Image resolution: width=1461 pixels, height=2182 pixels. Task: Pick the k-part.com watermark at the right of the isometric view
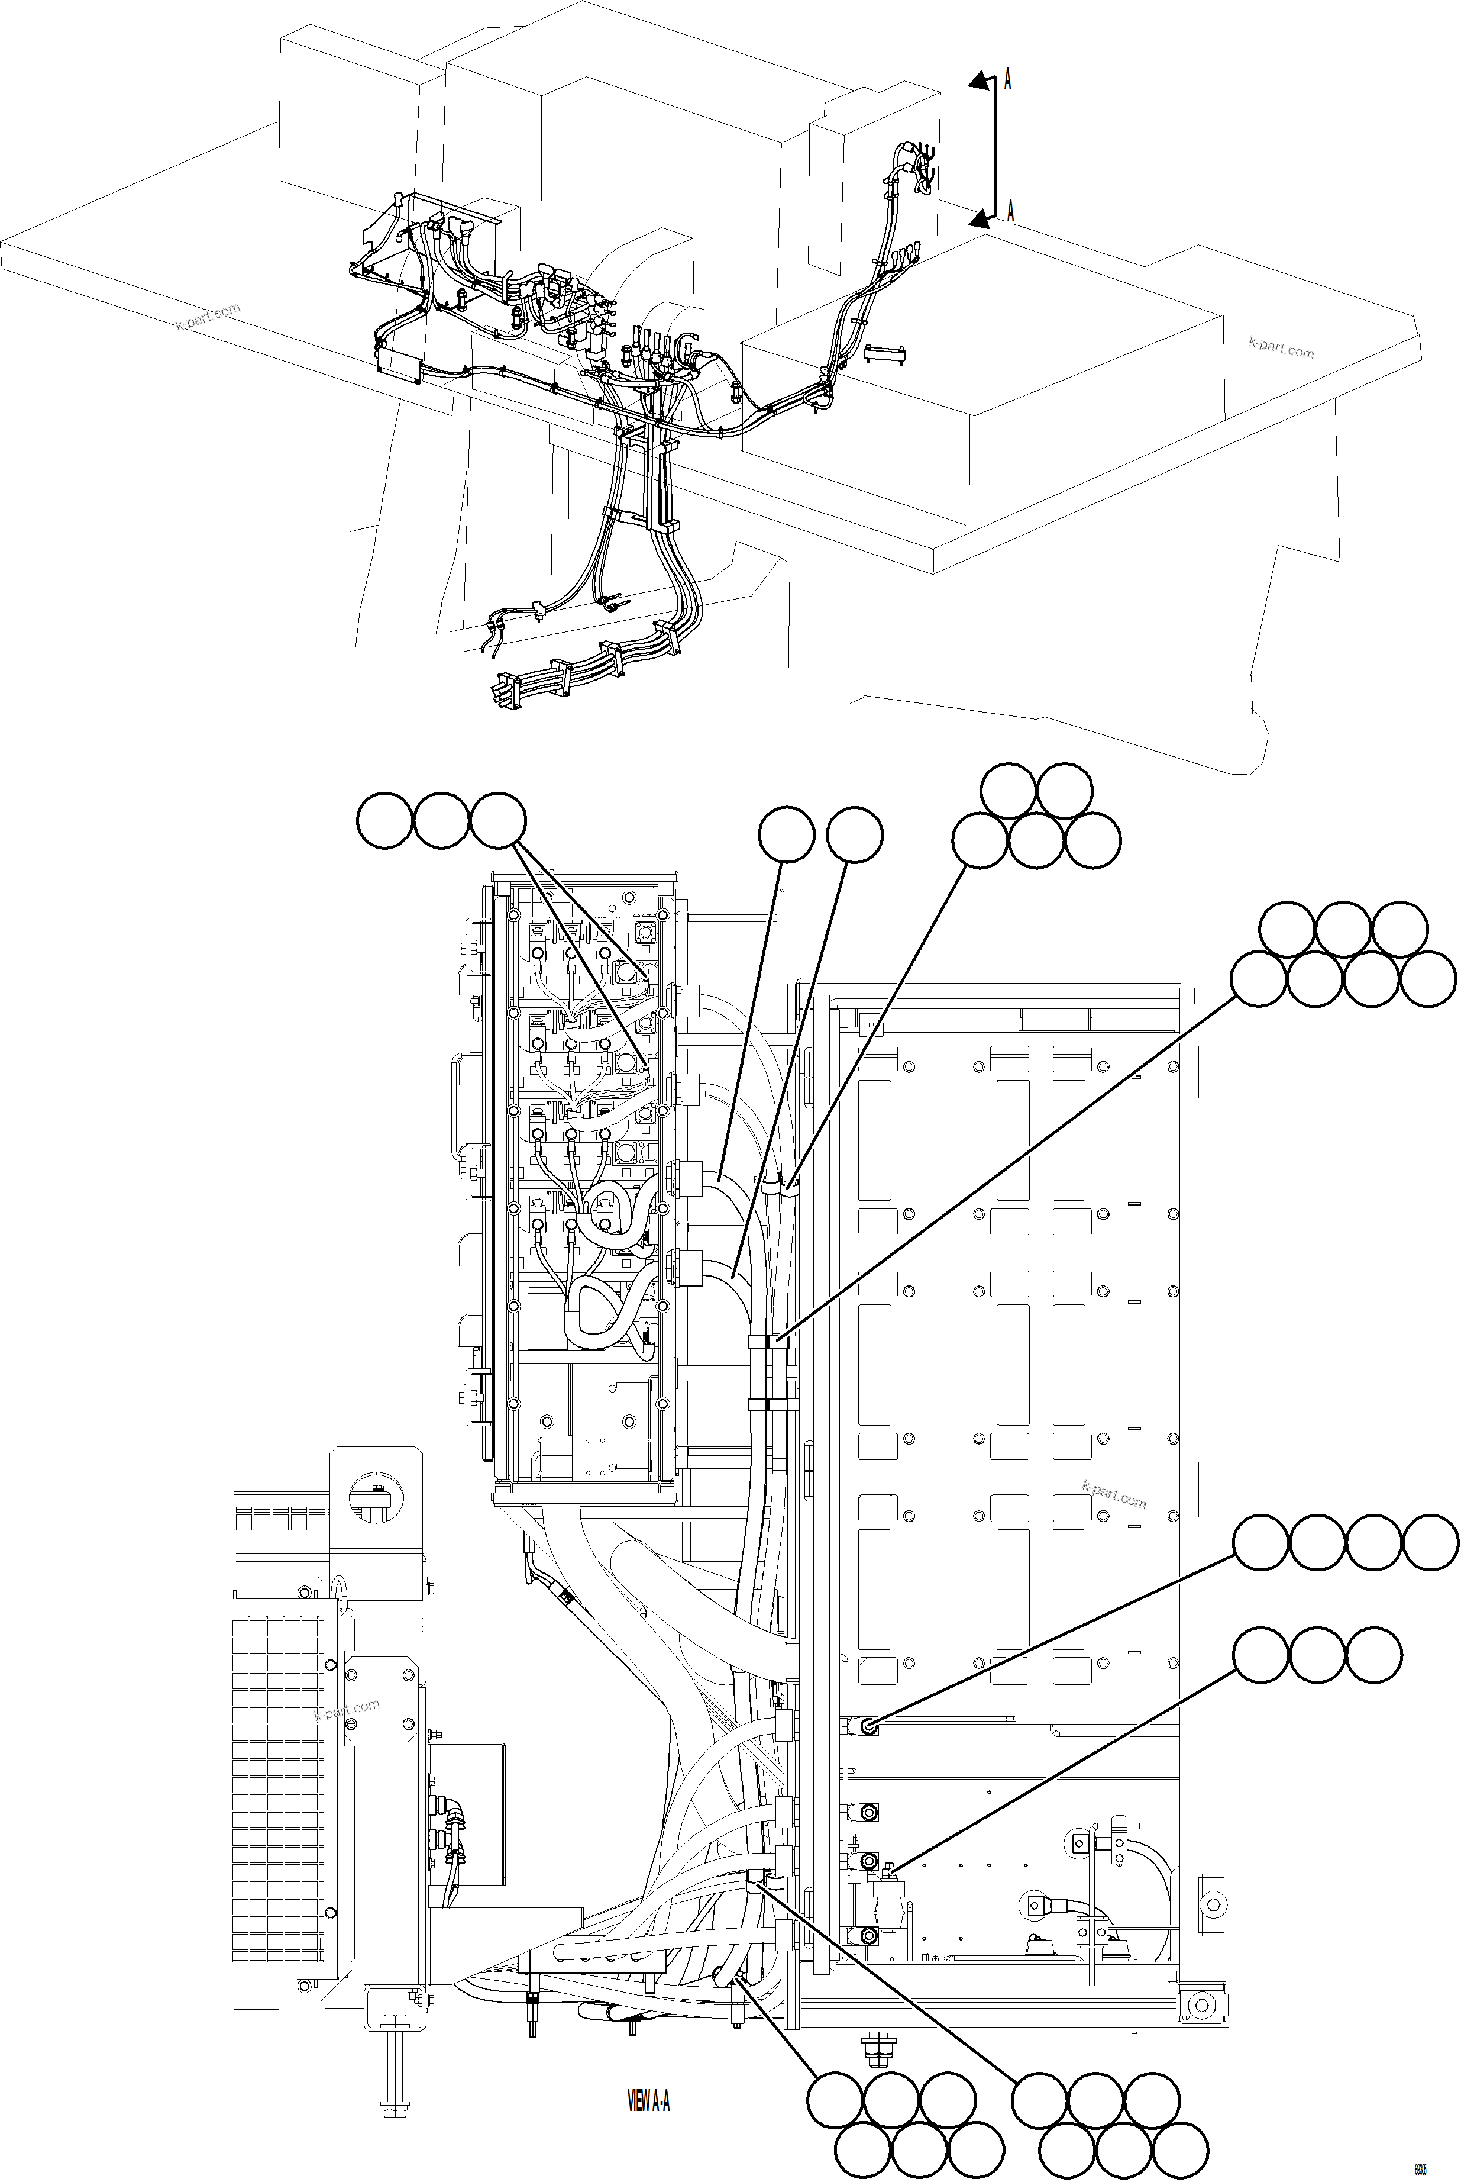(1281, 347)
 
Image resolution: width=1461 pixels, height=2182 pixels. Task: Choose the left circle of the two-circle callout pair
(787, 836)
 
